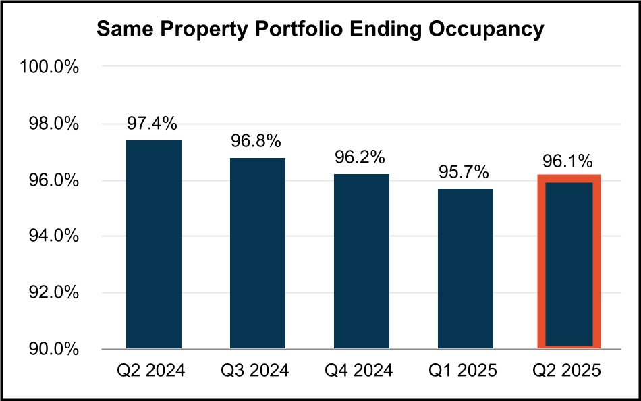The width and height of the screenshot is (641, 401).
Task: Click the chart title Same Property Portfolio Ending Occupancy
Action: (320, 30)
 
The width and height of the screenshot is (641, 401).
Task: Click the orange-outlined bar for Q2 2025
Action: (568, 263)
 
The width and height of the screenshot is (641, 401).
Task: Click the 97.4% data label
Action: (154, 124)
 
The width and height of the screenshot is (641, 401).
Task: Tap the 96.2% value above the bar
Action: (360, 157)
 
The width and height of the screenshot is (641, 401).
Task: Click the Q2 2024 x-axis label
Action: (154, 371)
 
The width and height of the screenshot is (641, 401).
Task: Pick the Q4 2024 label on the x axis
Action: (360, 371)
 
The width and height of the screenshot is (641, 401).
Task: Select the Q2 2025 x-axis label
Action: (568, 371)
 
